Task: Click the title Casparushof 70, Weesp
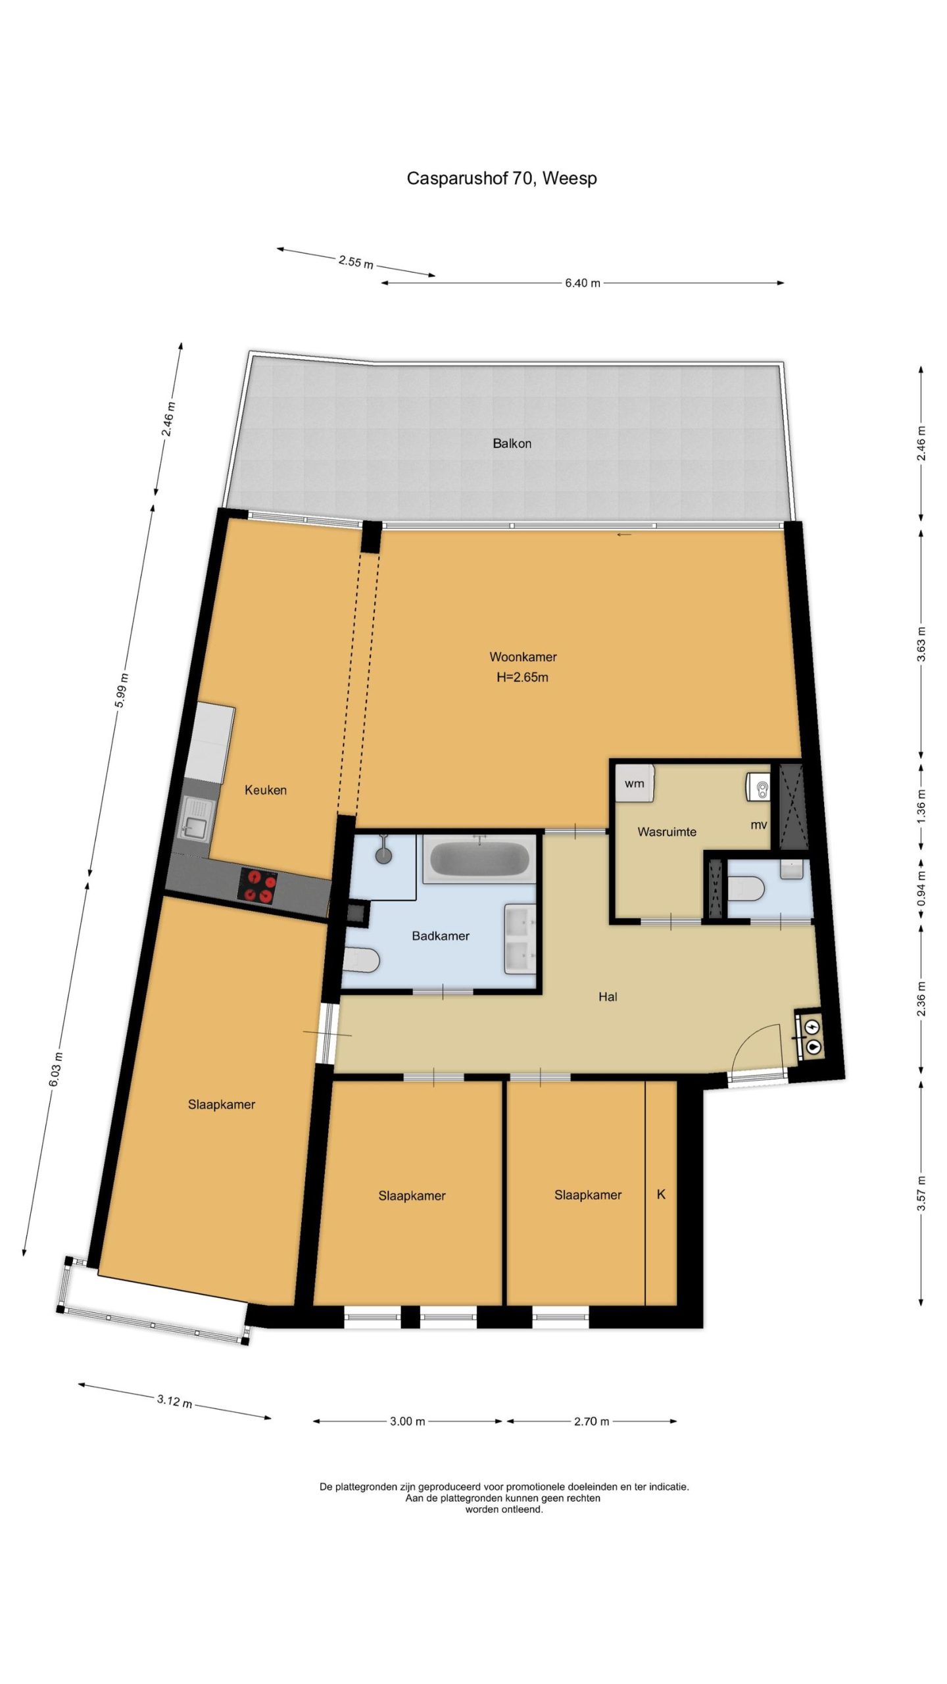(502, 179)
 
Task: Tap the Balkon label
(512, 443)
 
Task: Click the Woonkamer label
(523, 656)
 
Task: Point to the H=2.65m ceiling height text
(522, 677)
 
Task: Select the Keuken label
(266, 790)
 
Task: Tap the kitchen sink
(196, 818)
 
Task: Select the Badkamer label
(441, 936)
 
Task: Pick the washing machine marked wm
(635, 783)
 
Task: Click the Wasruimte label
(667, 832)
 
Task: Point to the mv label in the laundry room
(759, 825)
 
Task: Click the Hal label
(608, 997)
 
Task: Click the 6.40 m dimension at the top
(583, 283)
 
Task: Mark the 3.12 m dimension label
(174, 1401)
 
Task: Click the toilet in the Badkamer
(360, 961)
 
